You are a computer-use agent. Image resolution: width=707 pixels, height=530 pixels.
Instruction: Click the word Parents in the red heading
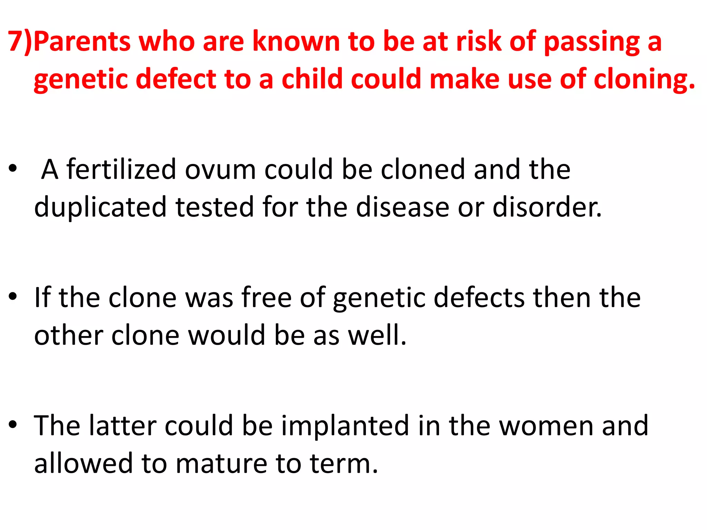(82, 41)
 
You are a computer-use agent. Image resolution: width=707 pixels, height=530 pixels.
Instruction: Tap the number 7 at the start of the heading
(16, 41)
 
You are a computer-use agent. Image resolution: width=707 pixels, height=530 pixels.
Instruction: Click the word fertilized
(121, 169)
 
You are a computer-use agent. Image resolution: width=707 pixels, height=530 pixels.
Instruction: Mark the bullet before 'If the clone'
(13, 296)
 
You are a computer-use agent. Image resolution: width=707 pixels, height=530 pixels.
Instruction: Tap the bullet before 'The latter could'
(13, 424)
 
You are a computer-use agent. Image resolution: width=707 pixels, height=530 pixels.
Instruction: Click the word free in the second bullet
(266, 297)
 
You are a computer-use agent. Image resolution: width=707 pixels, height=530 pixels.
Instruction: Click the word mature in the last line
(221, 463)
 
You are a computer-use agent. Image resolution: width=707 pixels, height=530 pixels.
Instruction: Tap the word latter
(123, 425)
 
